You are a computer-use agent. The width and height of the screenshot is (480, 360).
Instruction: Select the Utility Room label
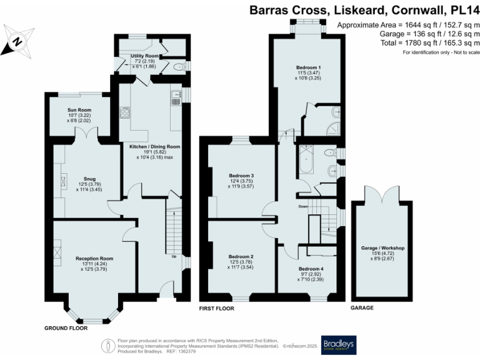(x=144, y=56)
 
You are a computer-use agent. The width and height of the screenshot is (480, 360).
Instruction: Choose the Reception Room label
(x=94, y=257)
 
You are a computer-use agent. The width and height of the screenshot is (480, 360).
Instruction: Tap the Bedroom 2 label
(x=241, y=256)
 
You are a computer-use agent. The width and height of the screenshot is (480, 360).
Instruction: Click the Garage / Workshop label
(x=383, y=248)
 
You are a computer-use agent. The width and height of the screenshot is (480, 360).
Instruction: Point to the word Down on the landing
(x=302, y=206)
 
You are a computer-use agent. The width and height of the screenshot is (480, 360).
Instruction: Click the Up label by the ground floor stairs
(x=174, y=255)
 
